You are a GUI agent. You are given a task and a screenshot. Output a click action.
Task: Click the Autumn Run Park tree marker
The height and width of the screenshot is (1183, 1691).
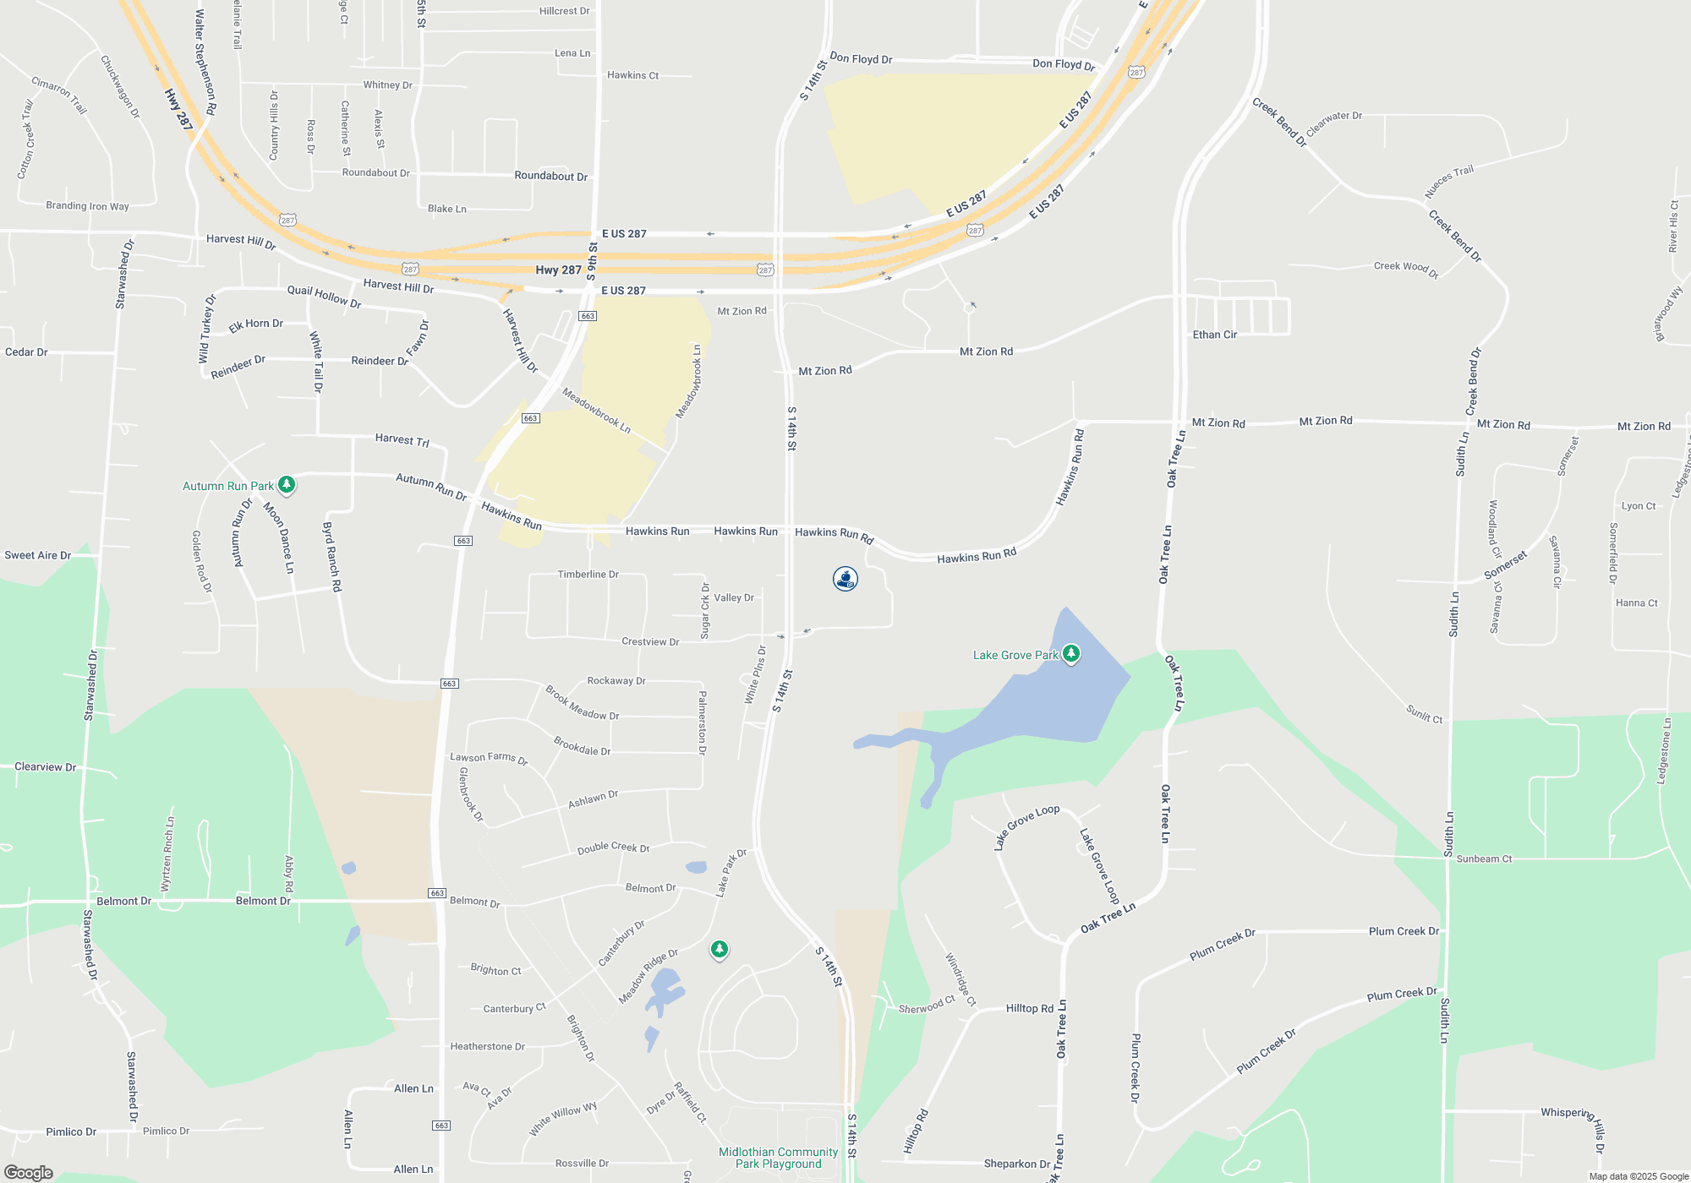[x=287, y=484]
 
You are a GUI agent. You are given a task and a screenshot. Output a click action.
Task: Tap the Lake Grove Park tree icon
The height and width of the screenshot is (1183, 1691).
[x=1071, y=653]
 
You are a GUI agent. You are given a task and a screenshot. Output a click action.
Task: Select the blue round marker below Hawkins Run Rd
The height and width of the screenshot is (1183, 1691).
[x=845, y=579]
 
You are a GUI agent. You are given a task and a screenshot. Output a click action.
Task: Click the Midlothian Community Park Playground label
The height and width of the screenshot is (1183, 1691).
[x=778, y=1158]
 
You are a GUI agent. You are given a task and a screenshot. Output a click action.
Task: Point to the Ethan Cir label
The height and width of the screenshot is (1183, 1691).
[x=1214, y=335]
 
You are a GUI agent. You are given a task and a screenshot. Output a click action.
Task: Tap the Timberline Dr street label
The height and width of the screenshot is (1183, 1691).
[x=588, y=575]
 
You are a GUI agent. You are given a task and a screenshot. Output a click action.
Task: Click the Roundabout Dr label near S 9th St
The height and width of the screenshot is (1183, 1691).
[x=550, y=176]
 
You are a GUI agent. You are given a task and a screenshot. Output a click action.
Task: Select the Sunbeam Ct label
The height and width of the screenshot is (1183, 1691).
[x=1484, y=859]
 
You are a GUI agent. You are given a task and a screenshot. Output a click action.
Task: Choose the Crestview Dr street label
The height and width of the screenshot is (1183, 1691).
[x=650, y=642]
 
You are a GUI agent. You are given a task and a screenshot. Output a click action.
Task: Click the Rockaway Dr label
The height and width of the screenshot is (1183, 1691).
[x=616, y=681]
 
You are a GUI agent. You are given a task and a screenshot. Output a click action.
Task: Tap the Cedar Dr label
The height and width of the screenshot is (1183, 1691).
[x=26, y=352]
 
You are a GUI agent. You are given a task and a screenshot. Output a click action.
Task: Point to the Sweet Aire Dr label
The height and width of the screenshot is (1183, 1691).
[x=37, y=555]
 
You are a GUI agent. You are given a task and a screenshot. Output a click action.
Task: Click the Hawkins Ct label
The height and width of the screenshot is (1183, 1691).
[x=632, y=75]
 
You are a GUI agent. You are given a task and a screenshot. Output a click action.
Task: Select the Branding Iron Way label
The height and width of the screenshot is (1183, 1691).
[x=87, y=205]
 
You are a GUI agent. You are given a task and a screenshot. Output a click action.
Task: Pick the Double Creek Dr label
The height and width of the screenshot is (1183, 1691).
[x=613, y=848]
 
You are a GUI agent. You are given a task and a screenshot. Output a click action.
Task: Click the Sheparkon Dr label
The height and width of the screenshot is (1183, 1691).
[x=1016, y=1164]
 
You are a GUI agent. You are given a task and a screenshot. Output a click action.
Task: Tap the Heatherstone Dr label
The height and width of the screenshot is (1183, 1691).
[x=487, y=1046]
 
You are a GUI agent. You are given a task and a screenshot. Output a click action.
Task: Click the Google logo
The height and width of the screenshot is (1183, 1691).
[x=29, y=1173]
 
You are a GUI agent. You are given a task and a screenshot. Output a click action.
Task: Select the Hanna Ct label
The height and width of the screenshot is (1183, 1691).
[x=1636, y=603]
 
